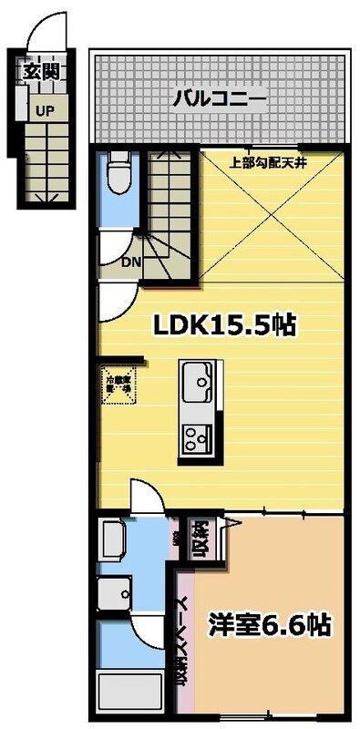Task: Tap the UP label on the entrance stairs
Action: [43, 109]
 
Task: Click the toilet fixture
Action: [116, 173]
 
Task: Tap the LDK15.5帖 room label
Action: [218, 324]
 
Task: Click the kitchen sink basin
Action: [197, 377]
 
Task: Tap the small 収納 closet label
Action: [200, 539]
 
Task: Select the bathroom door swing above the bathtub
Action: [146, 630]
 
